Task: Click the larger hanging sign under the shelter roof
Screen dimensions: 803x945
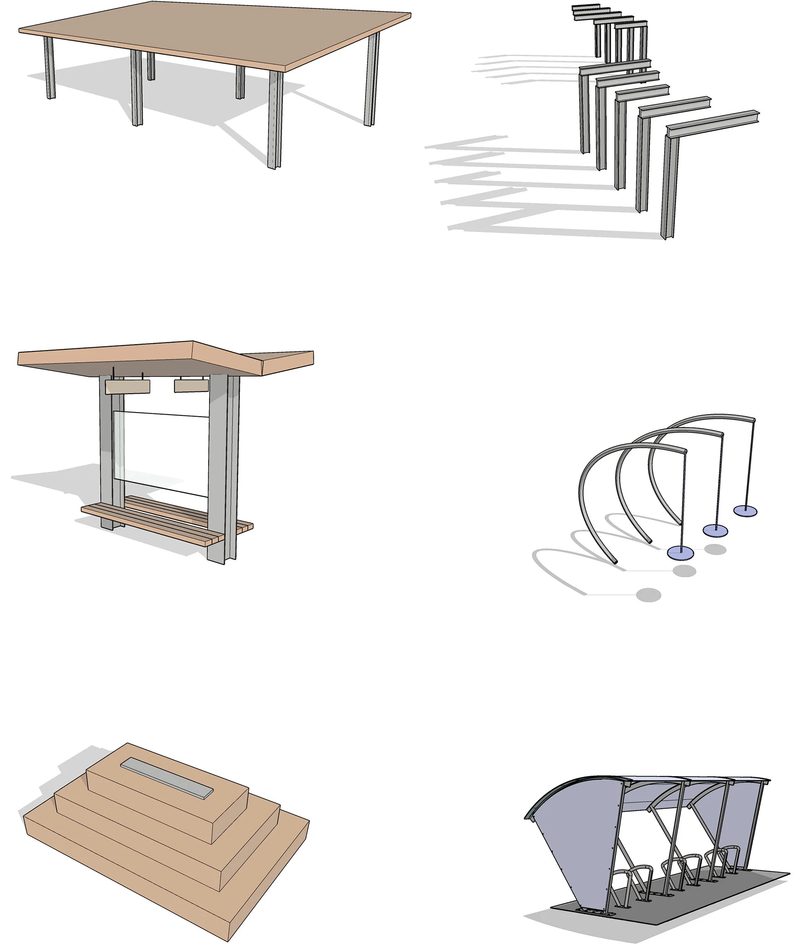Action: click(x=128, y=387)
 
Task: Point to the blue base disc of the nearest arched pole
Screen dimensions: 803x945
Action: click(x=680, y=553)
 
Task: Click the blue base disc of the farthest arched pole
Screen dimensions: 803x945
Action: click(x=746, y=512)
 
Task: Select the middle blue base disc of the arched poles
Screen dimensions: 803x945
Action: click(x=716, y=530)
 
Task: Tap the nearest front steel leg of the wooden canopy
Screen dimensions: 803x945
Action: click(x=275, y=120)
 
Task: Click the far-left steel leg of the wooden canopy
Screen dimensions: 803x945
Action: click(x=50, y=68)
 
